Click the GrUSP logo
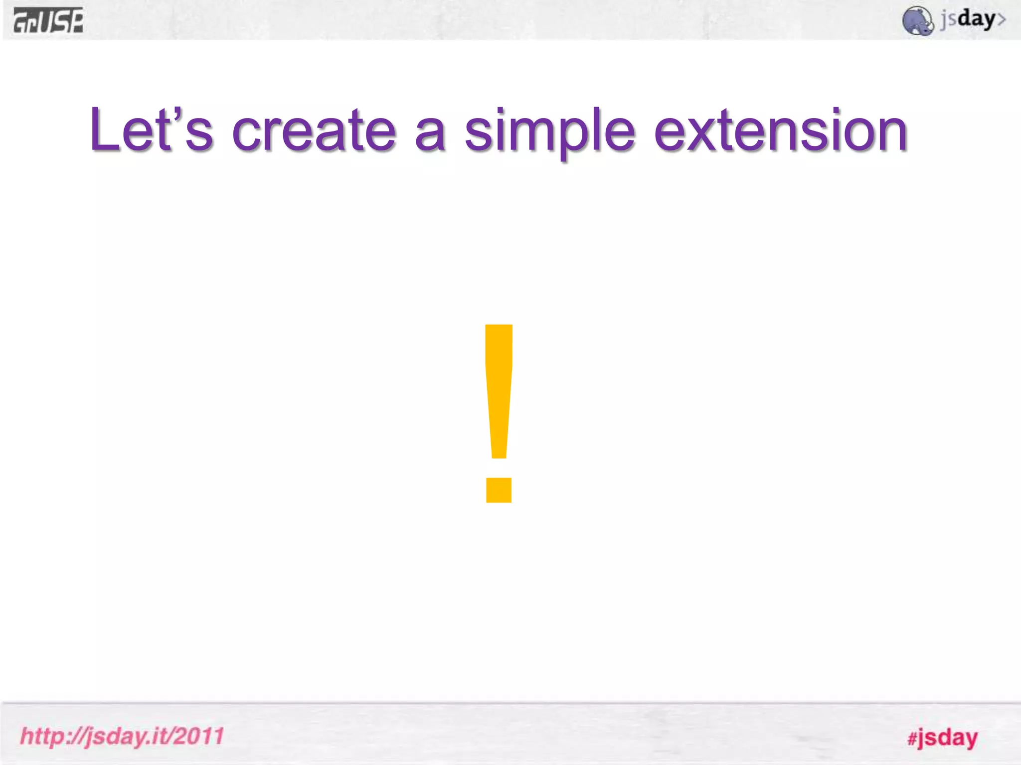pyautogui.click(x=48, y=20)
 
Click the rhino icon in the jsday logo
pyautogui.click(x=917, y=21)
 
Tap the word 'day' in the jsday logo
pyautogui.click(x=976, y=19)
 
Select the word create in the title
pyautogui.click(x=314, y=130)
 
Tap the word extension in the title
pyautogui.click(x=780, y=130)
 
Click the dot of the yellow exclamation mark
pyautogui.click(x=499, y=490)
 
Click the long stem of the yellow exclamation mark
pyautogui.click(x=499, y=388)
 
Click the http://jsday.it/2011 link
pyautogui.click(x=122, y=736)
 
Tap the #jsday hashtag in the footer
pyautogui.click(x=942, y=738)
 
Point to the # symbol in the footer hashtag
pyautogui.click(x=912, y=739)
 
